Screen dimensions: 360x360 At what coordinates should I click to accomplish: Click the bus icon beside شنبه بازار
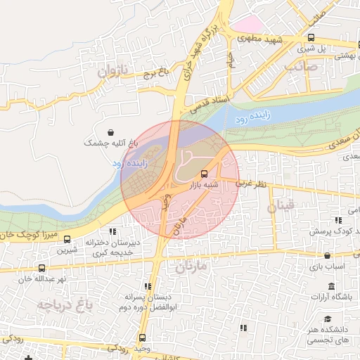[204, 173]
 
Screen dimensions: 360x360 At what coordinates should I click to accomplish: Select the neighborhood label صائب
[302, 67]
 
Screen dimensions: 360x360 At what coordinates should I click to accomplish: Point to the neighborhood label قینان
[282, 207]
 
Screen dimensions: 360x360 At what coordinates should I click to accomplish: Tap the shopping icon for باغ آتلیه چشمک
[111, 132]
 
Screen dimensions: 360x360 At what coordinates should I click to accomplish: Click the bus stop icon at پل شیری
[311, 38]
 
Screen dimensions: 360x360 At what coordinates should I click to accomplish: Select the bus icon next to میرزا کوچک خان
[67, 239]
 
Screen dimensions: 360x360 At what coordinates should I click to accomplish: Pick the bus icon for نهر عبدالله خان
[41, 268]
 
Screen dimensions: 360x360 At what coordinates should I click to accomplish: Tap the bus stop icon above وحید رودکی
[143, 338]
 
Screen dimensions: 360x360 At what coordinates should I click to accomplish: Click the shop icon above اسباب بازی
[327, 256]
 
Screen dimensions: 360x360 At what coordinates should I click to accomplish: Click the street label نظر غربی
[252, 183]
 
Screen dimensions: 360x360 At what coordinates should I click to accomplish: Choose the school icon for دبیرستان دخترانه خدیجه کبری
[112, 231]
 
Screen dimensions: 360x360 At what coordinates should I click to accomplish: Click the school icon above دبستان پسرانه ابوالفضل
[148, 286]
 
